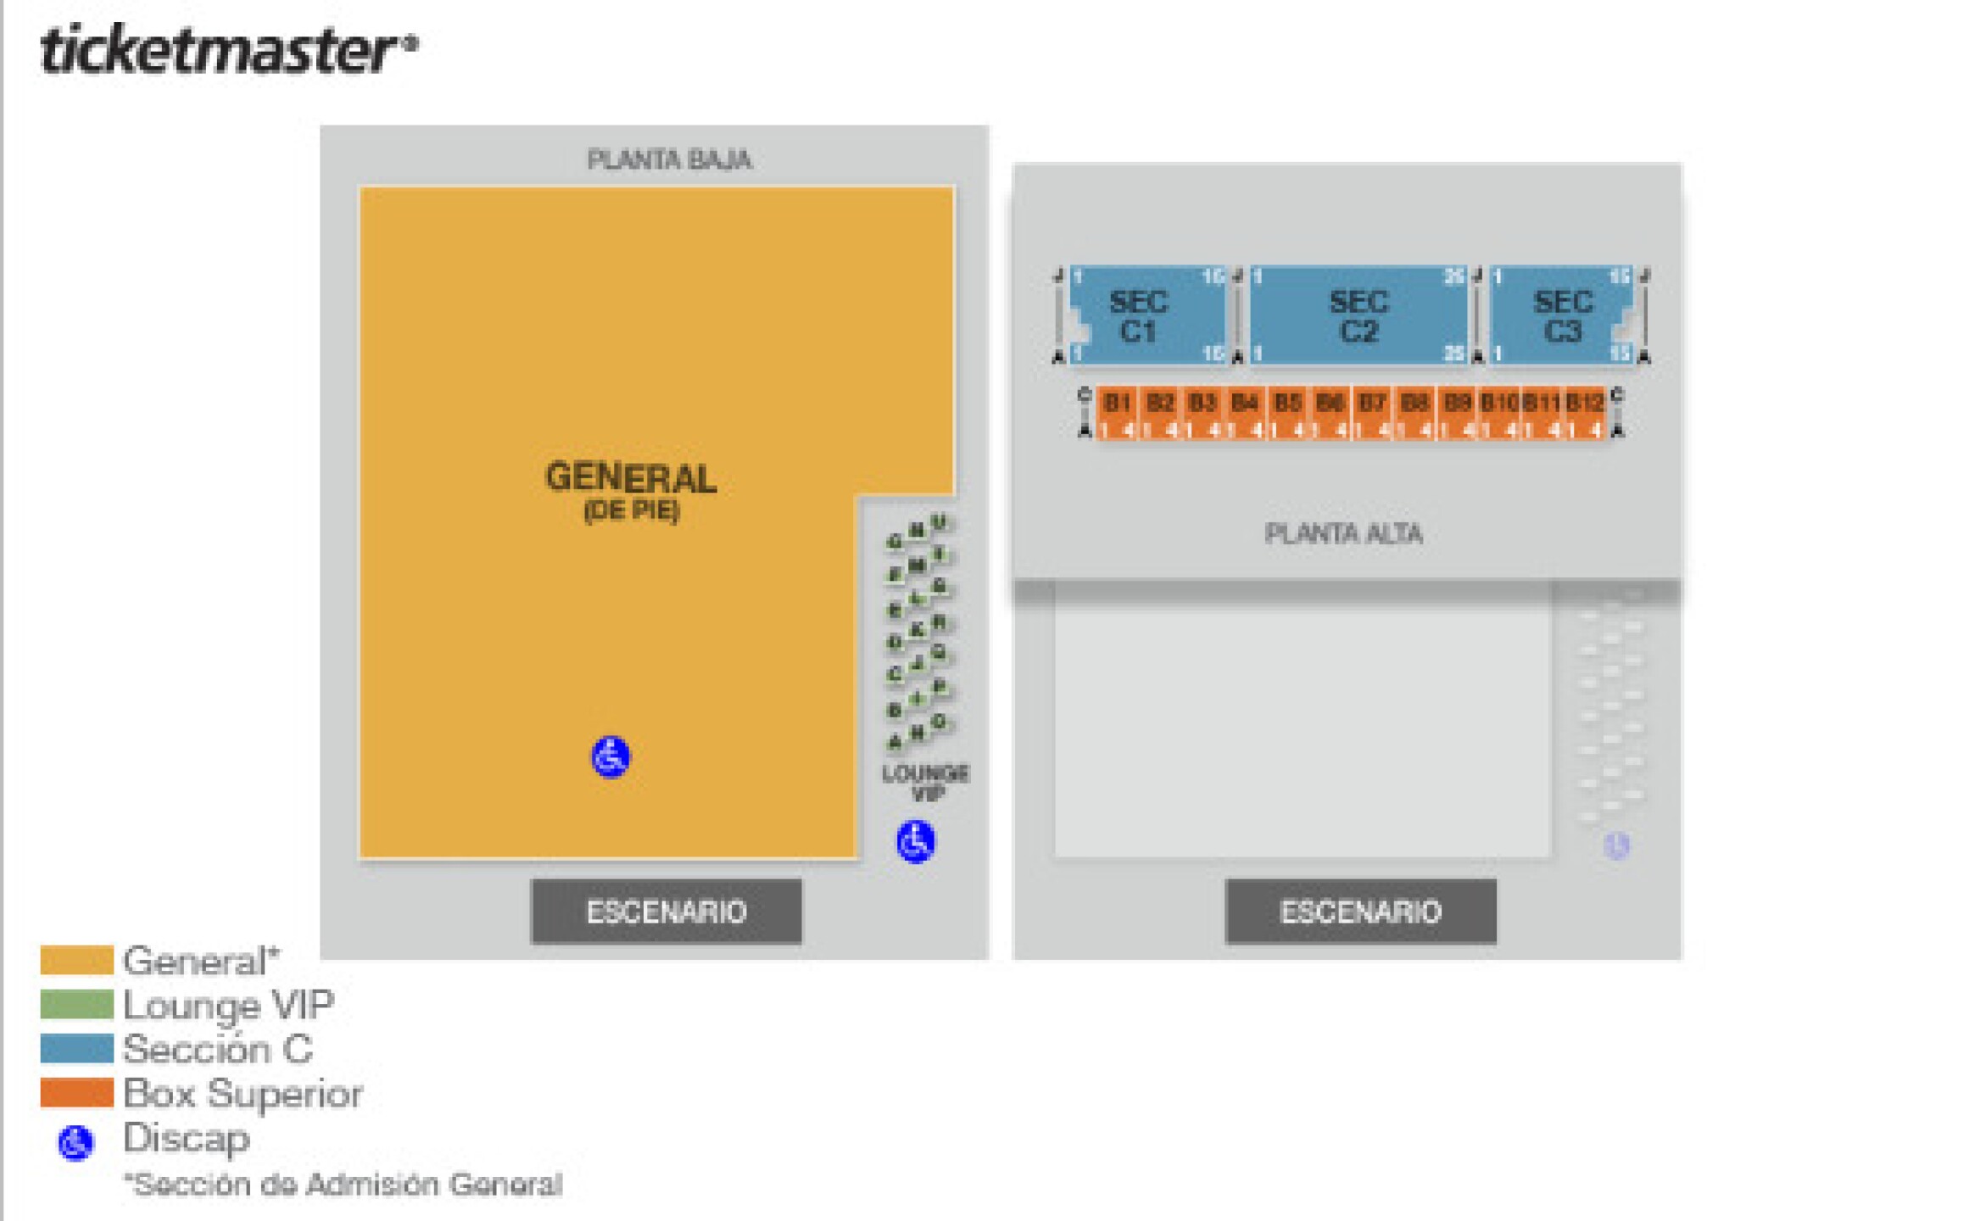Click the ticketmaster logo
click(227, 49)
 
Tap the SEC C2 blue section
click(1359, 315)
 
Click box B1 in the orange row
click(1118, 403)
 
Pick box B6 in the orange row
click(1330, 403)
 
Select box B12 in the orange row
click(1583, 403)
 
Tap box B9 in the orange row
click(1457, 403)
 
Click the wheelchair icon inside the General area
click(611, 756)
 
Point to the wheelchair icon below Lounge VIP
click(916, 842)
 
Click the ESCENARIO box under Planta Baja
click(667, 912)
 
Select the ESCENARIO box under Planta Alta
click(1360, 912)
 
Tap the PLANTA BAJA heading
click(669, 159)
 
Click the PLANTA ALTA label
click(1343, 533)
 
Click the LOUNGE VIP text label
click(926, 783)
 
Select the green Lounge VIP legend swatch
click(76, 1005)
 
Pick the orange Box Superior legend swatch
click(76, 1093)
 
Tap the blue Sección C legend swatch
click(76, 1049)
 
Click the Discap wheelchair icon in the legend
click(75, 1143)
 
